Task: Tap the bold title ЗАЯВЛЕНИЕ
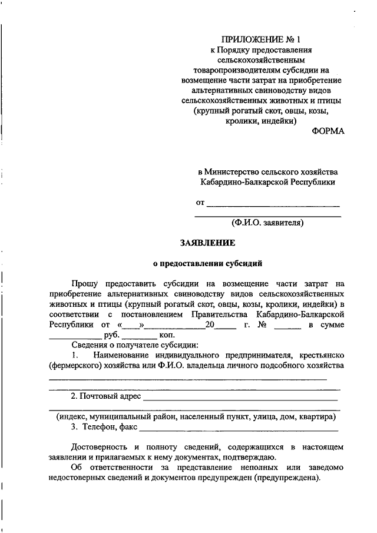208,242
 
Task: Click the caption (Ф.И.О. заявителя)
267,223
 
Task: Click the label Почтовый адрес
111,395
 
